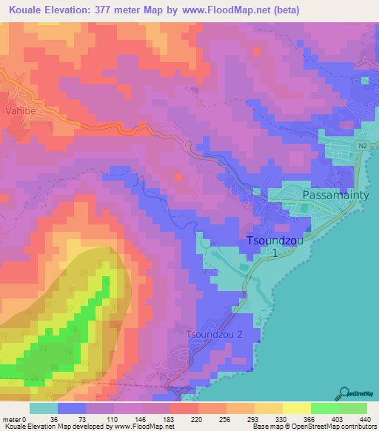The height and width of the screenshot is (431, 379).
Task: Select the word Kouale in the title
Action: pyautogui.click(x=27, y=10)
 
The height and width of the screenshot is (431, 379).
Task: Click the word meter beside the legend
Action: pyautogui.click(x=11, y=419)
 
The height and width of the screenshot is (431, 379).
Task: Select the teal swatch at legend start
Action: pyautogui.click(x=43, y=408)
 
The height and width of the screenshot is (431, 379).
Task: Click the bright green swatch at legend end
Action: pyautogui.click(x=352, y=408)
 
